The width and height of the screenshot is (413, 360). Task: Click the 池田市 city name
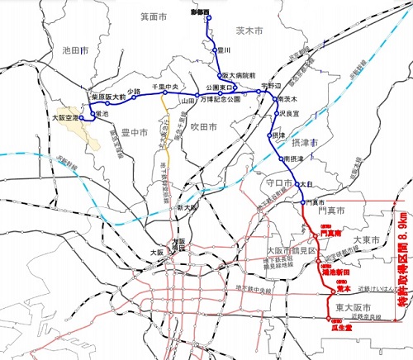(x=74, y=50)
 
